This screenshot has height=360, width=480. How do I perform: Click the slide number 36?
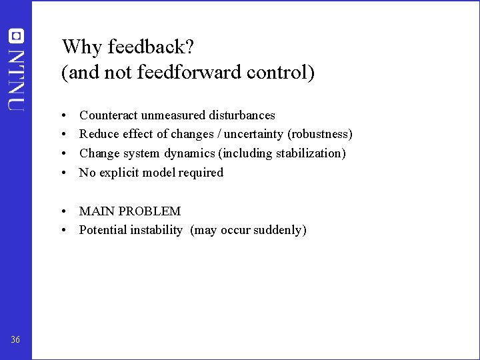[15, 341]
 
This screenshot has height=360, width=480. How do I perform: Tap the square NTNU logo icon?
[17, 35]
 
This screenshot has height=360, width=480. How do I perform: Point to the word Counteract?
[108, 115]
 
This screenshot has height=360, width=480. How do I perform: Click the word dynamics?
[190, 153]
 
